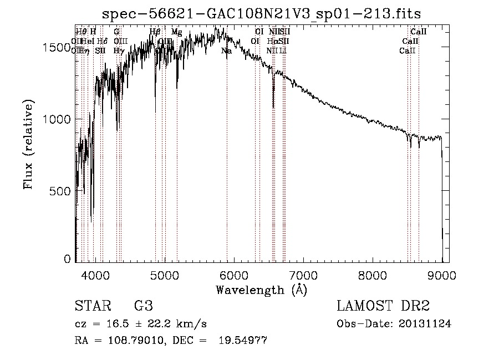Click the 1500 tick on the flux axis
(57, 48)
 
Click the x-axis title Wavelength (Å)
(261, 290)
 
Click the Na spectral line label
(226, 50)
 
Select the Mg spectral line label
(176, 32)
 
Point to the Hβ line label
(155, 32)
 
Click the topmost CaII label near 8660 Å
(418, 32)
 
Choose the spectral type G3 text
(143, 306)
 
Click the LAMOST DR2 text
(383, 306)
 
